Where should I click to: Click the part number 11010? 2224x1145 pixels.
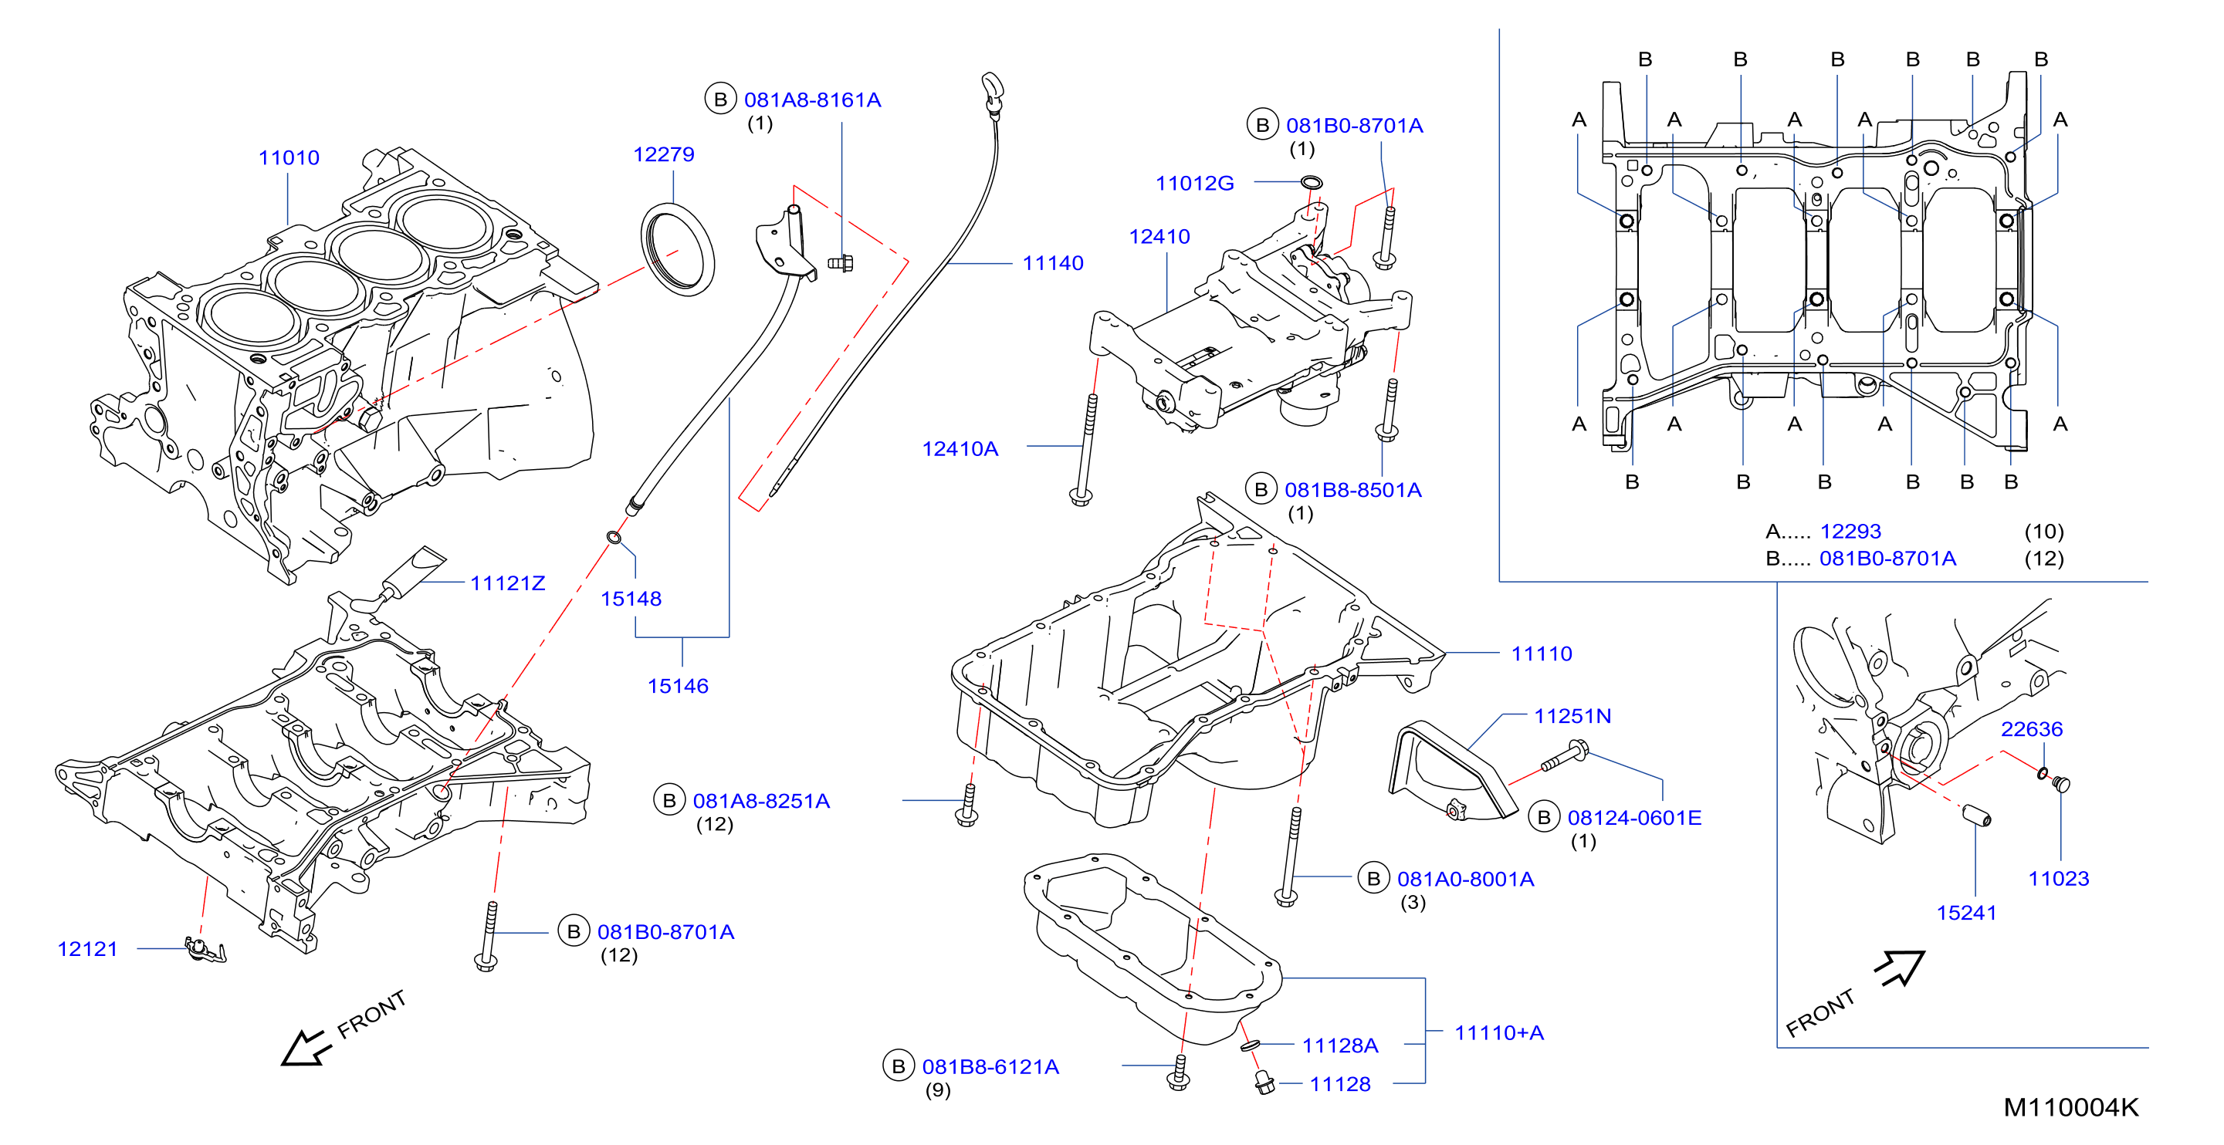click(x=289, y=158)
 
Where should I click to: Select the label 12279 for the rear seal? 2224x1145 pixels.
click(x=663, y=154)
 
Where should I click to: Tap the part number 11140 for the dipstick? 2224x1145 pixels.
click(x=1052, y=263)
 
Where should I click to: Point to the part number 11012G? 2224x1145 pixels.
click(x=1195, y=183)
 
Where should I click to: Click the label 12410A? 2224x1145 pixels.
click(x=960, y=449)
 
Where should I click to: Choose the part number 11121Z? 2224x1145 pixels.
click(x=508, y=583)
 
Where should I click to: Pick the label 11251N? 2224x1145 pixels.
click(x=1572, y=716)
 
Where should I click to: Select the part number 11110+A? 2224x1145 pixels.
click(x=1499, y=1033)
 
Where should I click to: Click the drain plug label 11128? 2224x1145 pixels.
click(x=1340, y=1085)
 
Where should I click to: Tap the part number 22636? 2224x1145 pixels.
click(x=2032, y=729)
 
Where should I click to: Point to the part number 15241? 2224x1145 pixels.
click(x=1966, y=913)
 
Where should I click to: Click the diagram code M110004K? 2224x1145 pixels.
click(x=2070, y=1107)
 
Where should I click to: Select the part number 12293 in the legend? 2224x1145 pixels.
click(x=1850, y=532)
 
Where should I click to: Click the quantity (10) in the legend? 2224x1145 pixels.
click(x=2043, y=532)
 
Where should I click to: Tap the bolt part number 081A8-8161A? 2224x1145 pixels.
click(x=812, y=100)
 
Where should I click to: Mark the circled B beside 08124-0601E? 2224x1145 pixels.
click(x=1544, y=817)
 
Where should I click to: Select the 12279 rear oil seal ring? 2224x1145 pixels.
click(x=678, y=248)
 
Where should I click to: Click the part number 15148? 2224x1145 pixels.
click(x=631, y=599)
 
